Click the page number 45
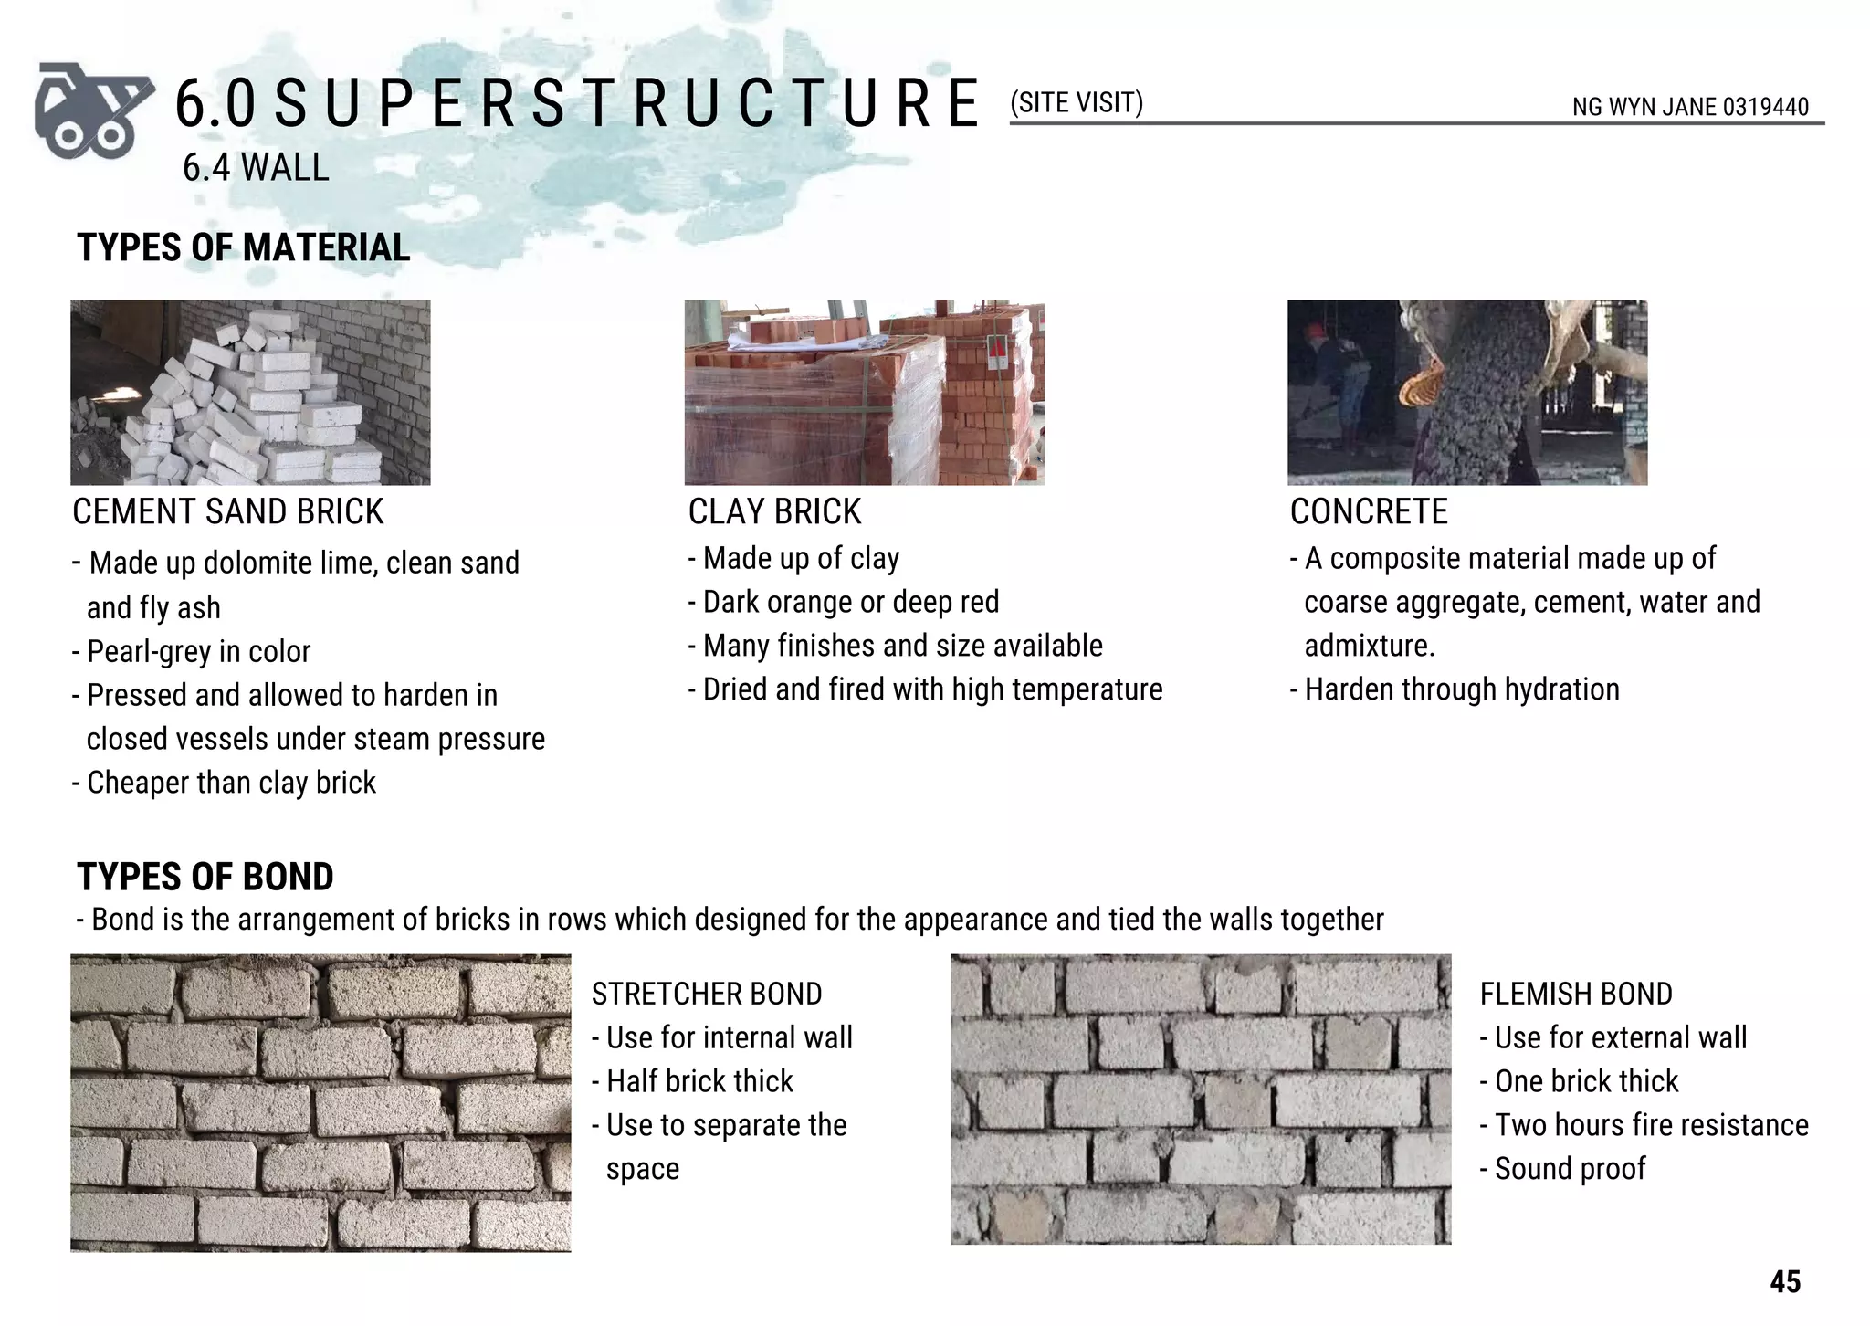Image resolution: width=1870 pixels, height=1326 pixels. pyautogui.click(x=1785, y=1281)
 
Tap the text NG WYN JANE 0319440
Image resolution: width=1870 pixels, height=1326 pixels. pyautogui.click(x=1689, y=107)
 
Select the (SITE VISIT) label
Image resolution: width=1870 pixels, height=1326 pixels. pyautogui.click(x=1077, y=102)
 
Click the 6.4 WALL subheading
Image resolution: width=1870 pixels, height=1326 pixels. pyautogui.click(x=256, y=168)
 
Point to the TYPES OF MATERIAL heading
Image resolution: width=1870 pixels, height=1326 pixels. pyautogui.click(x=244, y=247)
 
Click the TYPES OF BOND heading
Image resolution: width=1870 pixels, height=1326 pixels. pyautogui.click(x=205, y=877)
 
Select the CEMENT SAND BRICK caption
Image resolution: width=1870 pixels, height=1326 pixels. pyautogui.click(x=228, y=511)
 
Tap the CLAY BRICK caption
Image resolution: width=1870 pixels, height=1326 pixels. pyautogui.click(x=774, y=511)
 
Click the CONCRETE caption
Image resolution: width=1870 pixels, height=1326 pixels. pyautogui.click(x=1369, y=511)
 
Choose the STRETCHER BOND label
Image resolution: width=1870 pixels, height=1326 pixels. pyautogui.click(x=707, y=994)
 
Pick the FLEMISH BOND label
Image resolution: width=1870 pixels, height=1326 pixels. pyautogui.click(x=1576, y=994)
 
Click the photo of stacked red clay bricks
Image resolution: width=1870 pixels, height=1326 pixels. pyautogui.click(x=864, y=392)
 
